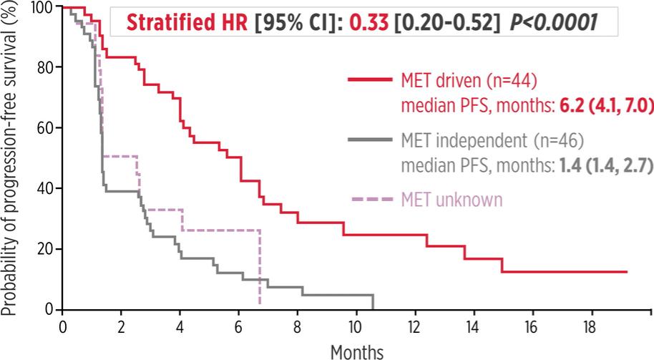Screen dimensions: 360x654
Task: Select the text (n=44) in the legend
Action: [x=509, y=79]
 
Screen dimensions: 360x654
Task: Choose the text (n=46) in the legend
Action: [x=548, y=139]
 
